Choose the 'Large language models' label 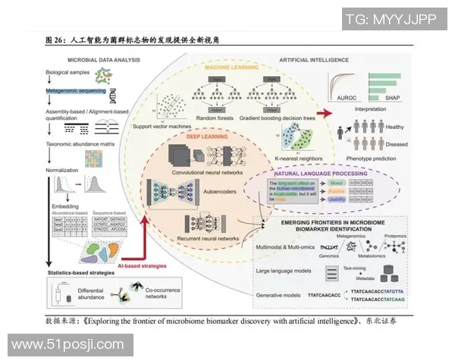(285, 269)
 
